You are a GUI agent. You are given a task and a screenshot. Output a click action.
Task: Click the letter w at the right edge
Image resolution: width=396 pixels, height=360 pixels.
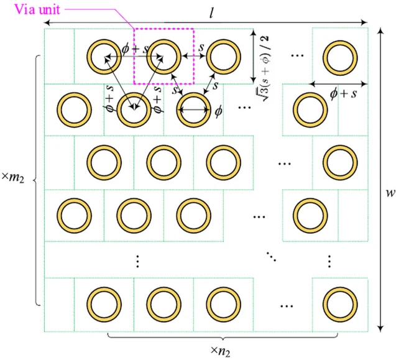tap(389, 193)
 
